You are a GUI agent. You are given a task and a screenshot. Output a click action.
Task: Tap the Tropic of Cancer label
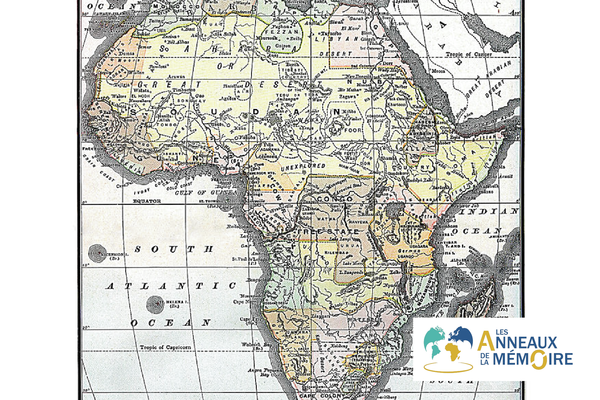[469, 54]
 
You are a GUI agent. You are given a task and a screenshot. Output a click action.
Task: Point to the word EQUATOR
[147, 201]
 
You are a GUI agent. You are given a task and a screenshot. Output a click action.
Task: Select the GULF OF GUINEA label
[206, 193]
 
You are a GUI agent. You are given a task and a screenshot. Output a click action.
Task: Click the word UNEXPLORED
[303, 167]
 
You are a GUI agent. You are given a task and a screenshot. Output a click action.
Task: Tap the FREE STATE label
[328, 232]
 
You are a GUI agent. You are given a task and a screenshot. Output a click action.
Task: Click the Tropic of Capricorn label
[165, 347]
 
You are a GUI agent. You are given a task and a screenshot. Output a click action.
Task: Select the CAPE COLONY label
[322, 396]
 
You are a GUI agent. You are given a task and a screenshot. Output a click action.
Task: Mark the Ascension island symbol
[97, 253]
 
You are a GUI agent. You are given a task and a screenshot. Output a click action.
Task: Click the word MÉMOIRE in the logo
[533, 359]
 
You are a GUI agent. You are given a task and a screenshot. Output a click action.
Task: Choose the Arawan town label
[176, 77]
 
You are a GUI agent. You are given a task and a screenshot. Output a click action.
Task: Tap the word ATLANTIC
[171, 286]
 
